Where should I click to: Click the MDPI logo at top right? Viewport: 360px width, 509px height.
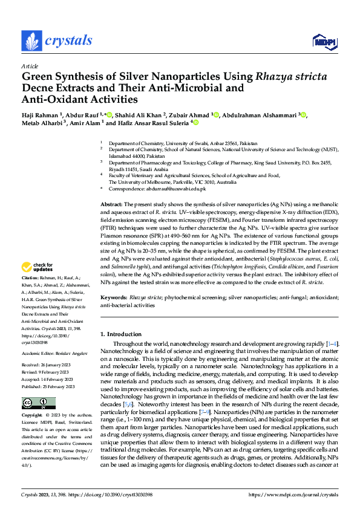pos(324,41)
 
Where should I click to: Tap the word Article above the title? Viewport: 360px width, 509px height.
pos(30,66)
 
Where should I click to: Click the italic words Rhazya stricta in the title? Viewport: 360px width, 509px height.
pos(292,77)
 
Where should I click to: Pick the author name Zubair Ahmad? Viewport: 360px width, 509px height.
pos(189,115)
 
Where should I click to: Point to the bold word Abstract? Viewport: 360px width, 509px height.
pos(111,206)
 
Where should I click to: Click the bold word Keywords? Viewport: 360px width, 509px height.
pos(114,298)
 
